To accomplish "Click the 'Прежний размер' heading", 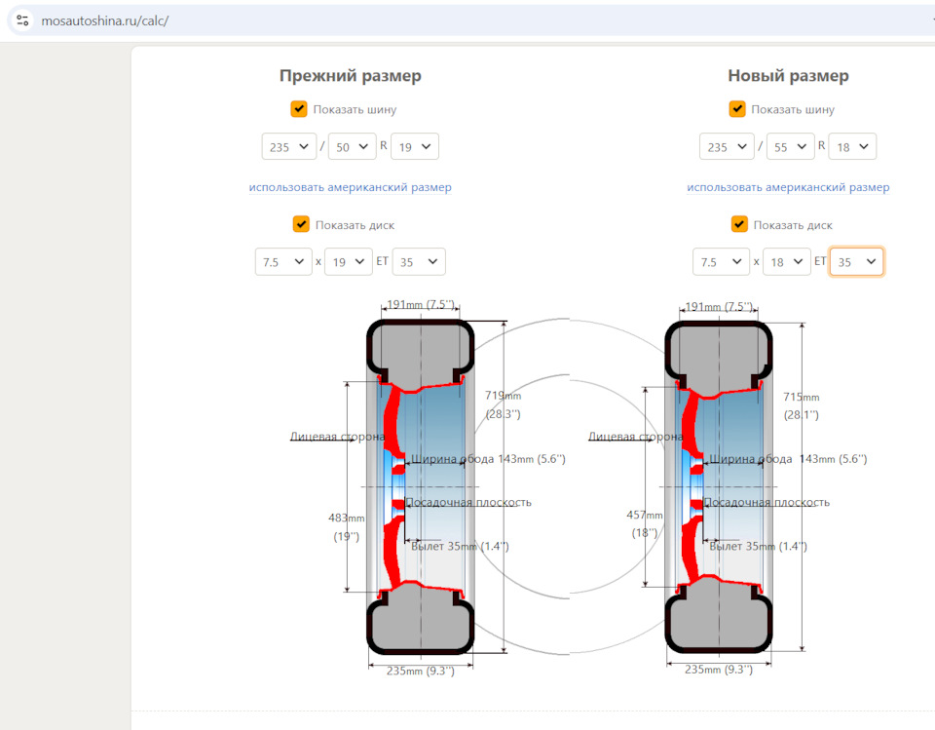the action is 350,76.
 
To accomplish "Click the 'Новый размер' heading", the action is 788,76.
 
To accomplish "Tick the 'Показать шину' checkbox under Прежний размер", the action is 299,109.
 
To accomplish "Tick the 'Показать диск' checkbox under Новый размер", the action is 739,224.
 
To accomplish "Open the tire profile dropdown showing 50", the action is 352,147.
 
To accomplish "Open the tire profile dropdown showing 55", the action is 790,147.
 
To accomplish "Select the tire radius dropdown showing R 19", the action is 415,147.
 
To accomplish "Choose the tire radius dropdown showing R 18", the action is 852,147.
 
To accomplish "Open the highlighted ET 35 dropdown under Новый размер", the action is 856,261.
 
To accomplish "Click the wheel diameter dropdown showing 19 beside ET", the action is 349,261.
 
